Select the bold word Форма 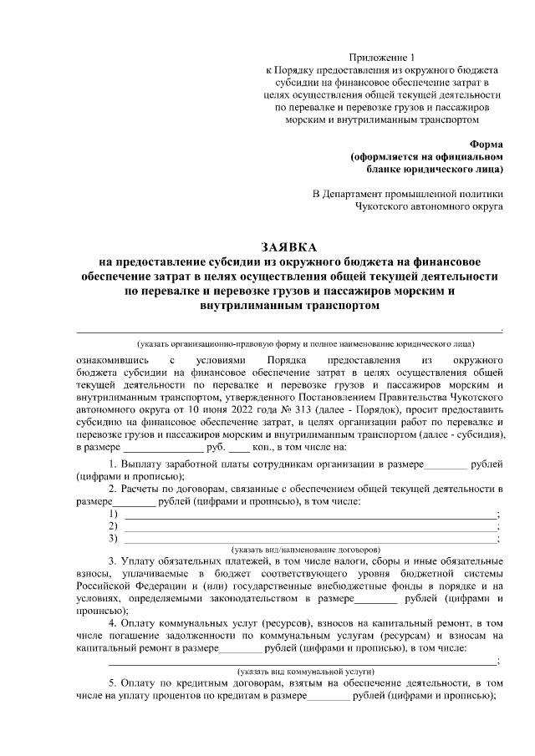[486, 145]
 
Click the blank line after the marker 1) [309, 514]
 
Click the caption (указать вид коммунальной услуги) [305, 671]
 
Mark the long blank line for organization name [288, 331]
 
